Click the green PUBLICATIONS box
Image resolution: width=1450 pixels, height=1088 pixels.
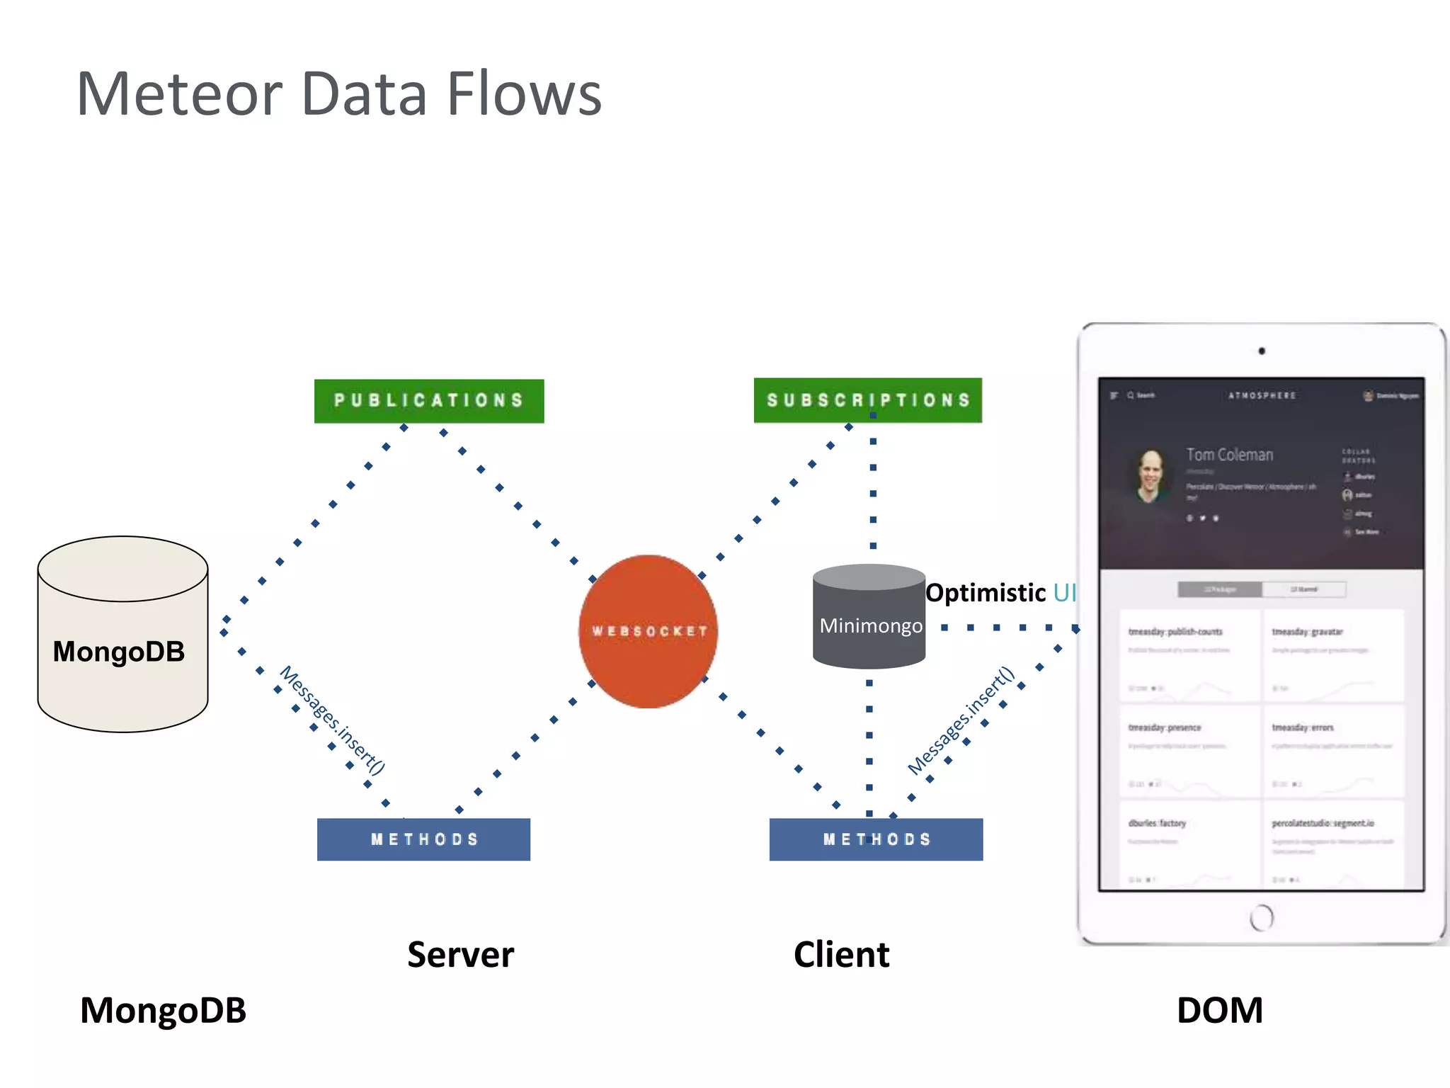429,401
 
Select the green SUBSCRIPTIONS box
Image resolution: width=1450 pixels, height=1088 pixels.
867,400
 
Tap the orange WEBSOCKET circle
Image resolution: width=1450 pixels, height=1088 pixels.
648,631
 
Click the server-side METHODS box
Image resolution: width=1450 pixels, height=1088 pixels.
423,839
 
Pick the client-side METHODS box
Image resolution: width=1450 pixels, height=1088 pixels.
876,839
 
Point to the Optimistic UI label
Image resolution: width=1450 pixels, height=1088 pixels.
1000,593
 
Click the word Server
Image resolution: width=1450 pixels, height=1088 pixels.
460,955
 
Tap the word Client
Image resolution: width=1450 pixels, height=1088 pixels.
841,955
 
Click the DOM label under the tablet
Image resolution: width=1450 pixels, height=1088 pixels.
1219,1010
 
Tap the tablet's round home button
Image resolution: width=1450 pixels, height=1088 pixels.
1261,917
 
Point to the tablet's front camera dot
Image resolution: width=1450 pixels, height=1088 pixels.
1262,351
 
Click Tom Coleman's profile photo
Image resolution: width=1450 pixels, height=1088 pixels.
1151,476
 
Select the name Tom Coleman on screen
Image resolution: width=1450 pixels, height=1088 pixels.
1229,455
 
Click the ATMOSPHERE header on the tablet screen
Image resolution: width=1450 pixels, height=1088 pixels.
1262,395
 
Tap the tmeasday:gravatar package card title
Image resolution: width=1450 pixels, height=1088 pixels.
1307,631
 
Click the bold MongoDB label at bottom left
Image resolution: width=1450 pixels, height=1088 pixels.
163,1010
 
